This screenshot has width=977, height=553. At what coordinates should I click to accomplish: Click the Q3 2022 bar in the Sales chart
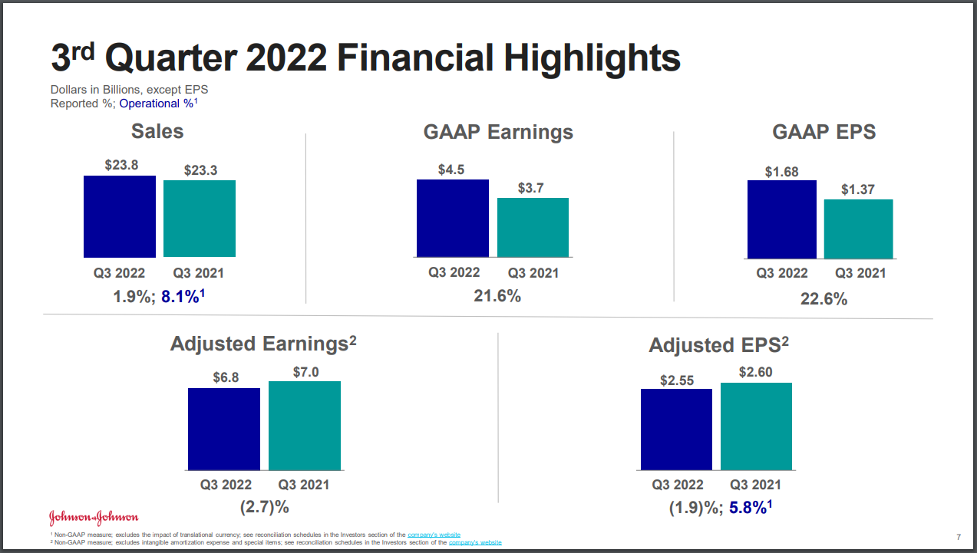point(120,216)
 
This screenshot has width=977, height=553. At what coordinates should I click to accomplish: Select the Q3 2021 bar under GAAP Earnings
point(533,228)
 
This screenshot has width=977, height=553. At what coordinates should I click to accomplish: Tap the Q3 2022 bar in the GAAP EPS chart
point(781,219)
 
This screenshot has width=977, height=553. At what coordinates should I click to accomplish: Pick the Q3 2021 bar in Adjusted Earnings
point(304,426)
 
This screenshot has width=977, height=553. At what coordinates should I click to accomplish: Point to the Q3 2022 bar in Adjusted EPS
point(676,430)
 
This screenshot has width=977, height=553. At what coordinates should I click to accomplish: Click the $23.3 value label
point(200,170)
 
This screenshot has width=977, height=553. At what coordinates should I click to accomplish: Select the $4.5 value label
point(451,170)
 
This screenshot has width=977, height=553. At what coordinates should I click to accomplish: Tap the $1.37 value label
point(857,189)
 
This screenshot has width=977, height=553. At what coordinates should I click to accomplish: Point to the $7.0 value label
point(305,372)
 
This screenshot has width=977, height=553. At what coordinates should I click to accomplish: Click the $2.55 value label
point(676,379)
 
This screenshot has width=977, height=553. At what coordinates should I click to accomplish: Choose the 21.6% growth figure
point(497,295)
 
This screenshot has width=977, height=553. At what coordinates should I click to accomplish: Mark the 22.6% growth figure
point(824,299)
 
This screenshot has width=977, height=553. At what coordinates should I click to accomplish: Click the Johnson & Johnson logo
point(94,515)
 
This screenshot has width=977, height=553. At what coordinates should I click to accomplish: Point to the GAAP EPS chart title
point(824,132)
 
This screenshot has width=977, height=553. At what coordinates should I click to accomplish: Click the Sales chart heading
point(157,131)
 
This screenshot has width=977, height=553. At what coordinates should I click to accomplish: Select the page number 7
point(959,535)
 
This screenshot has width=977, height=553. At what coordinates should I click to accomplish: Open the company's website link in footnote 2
point(475,542)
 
